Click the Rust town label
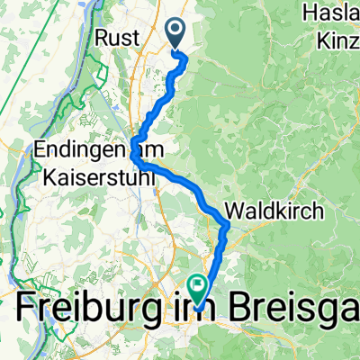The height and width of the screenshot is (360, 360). (116, 39)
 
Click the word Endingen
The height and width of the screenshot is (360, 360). (85, 149)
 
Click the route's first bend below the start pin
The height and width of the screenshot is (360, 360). (185, 59)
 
